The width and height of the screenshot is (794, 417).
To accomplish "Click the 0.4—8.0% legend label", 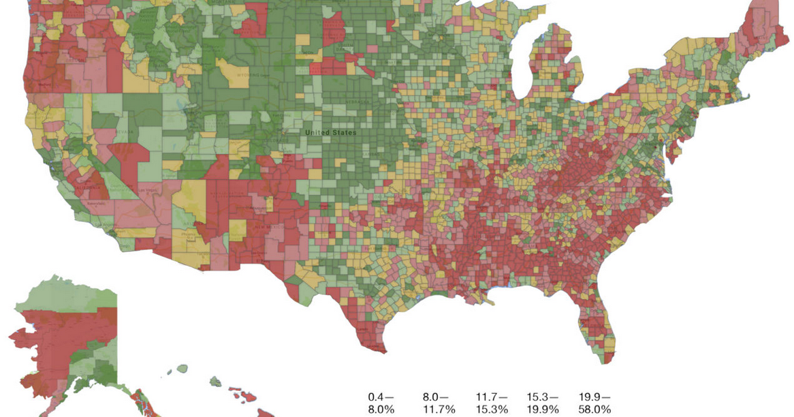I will [382, 403].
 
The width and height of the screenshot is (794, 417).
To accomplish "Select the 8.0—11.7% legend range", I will [436, 403].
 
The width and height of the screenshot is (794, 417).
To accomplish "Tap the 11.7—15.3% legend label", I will [491, 403].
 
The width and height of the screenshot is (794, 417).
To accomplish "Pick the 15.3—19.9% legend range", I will [543, 403].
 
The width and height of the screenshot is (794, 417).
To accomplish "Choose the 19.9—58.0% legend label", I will [595, 403].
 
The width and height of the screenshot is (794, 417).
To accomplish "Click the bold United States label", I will [330, 132].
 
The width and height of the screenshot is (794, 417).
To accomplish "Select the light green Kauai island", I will [182, 369].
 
